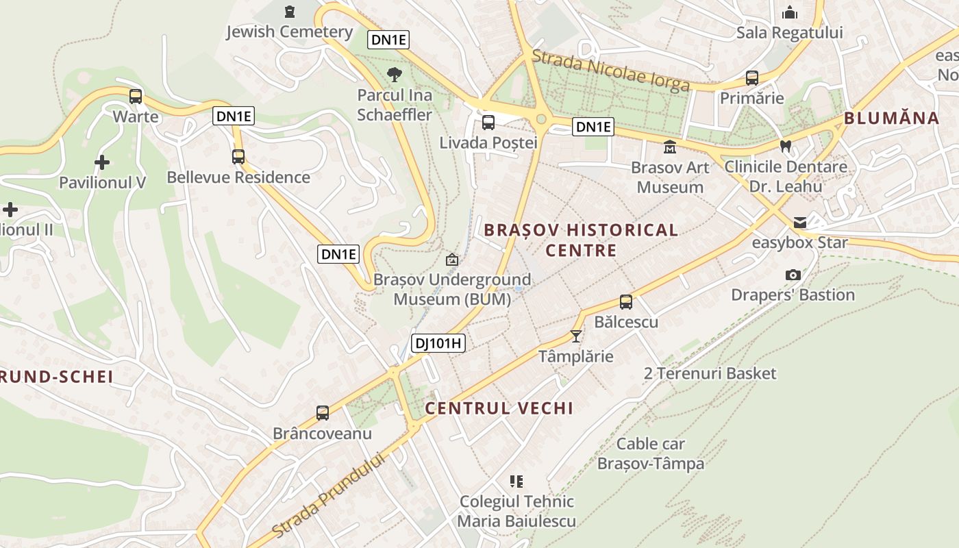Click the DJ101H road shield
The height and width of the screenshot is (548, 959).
click(x=438, y=343)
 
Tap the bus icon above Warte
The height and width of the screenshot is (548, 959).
click(x=136, y=96)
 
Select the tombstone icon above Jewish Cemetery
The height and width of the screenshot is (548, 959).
click(x=289, y=12)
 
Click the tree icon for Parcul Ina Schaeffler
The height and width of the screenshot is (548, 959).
click(x=394, y=75)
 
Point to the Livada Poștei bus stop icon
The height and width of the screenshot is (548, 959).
click(x=488, y=123)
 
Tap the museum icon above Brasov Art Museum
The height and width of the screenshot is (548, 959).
click(x=669, y=147)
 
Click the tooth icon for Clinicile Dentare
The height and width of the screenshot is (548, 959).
click(x=786, y=146)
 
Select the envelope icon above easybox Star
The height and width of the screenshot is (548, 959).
click(x=799, y=223)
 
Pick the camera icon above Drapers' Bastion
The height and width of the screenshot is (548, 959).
click(x=793, y=275)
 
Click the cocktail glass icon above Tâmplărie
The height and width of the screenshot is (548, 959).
click(x=575, y=336)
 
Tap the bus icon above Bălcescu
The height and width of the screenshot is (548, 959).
click(x=625, y=301)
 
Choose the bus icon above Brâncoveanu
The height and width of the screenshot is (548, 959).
click(x=322, y=413)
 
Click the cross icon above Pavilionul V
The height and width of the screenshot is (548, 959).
click(x=102, y=162)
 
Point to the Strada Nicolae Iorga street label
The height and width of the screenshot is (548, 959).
click(x=610, y=71)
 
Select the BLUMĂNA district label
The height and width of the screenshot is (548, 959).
click(x=891, y=118)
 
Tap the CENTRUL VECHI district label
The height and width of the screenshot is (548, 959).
click(x=499, y=408)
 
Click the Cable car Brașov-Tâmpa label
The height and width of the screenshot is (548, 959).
click(x=650, y=453)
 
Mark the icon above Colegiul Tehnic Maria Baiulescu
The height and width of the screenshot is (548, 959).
click(x=516, y=482)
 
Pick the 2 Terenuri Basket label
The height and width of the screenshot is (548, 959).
click(x=710, y=373)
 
